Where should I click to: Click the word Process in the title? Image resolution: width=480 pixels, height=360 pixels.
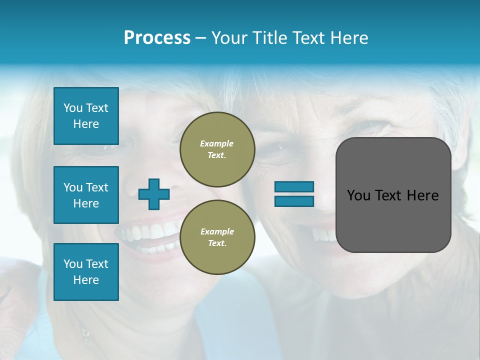click(157, 38)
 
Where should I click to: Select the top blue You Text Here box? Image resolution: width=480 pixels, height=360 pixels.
click(86, 116)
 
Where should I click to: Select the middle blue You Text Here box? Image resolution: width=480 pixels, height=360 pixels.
click(86, 195)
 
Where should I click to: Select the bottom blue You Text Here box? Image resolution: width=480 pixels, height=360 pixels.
click(86, 271)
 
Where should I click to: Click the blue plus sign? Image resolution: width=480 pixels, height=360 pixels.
click(154, 194)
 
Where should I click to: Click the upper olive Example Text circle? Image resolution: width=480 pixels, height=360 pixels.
click(217, 149)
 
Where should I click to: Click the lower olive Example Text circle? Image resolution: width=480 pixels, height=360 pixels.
click(217, 237)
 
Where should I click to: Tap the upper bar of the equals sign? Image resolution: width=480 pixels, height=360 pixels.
click(294, 186)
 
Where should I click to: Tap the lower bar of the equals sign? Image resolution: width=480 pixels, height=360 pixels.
click(294, 201)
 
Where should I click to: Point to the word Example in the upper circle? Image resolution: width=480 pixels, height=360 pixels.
click(217, 143)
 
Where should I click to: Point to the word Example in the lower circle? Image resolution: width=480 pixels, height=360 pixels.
click(217, 231)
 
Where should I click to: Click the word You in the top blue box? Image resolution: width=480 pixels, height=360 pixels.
click(73, 108)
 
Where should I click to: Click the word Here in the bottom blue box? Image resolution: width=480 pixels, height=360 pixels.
click(86, 280)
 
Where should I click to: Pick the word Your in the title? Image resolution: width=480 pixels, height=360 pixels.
click(230, 38)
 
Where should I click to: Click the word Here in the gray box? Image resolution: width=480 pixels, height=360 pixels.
click(423, 195)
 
